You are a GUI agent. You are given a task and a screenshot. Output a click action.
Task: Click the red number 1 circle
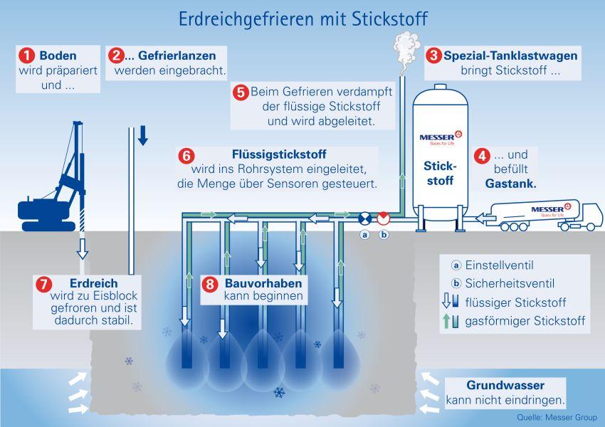tap(27, 55)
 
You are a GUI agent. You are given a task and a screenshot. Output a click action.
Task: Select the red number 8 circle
tap(210, 283)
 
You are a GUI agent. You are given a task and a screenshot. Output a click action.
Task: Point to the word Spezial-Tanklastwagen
tap(510, 56)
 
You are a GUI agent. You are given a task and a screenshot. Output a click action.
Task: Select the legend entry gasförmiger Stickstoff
tap(524, 322)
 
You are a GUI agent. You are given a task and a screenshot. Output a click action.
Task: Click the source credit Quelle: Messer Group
tap(555, 418)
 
